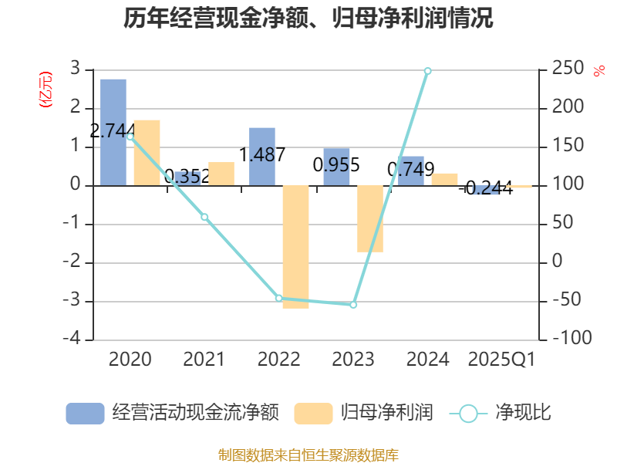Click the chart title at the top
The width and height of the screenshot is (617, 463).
tap(308, 18)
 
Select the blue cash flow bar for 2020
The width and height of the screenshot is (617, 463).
tap(113, 131)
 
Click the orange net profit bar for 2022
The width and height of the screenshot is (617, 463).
tap(295, 247)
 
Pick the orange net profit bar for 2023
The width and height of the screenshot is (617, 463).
tap(369, 218)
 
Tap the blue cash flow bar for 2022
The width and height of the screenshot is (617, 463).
tap(262, 157)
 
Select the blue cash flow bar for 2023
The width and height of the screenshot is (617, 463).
tap(336, 166)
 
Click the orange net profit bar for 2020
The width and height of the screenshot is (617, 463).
tap(147, 153)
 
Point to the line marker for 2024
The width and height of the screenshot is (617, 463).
tap(427, 71)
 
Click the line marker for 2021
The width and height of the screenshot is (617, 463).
tap(204, 217)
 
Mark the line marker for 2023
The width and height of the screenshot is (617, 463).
tap(353, 305)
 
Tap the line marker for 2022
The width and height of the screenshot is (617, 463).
tap(279, 298)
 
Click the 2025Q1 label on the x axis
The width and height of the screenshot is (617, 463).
tap(501, 360)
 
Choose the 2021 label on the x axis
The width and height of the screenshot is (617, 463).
tap(204, 360)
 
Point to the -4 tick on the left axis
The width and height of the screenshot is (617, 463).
tap(76, 340)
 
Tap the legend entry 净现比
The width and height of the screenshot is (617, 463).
tap(501, 413)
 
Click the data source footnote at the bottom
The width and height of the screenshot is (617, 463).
tap(308, 455)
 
